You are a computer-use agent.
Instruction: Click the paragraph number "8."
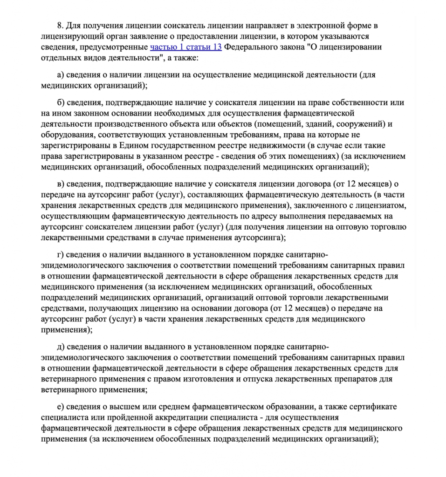[x=61, y=25]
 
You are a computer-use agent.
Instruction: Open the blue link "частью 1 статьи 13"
[x=186, y=48]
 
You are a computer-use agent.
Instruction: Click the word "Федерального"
[x=250, y=48]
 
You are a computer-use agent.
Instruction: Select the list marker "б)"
[x=60, y=102]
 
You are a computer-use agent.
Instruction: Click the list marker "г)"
[x=60, y=255]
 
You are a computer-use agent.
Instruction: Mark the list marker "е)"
[x=60, y=407]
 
